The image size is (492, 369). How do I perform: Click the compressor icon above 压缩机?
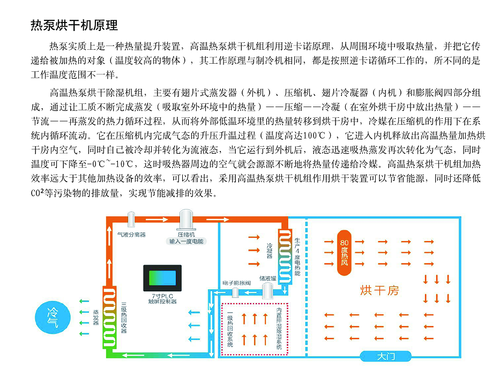pyautogui.click(x=186, y=221)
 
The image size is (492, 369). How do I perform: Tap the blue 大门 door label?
pyautogui.click(x=385, y=356)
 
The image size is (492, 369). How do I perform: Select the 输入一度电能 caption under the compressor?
pyautogui.click(x=186, y=242)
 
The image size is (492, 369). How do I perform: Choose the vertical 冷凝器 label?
pyautogui.click(x=270, y=249)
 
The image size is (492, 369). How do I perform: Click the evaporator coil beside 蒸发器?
pyautogui.click(x=109, y=316)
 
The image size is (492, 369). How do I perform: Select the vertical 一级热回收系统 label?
pyautogui.click(x=230, y=329)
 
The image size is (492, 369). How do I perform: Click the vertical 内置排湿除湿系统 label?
pyautogui.click(x=279, y=327)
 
